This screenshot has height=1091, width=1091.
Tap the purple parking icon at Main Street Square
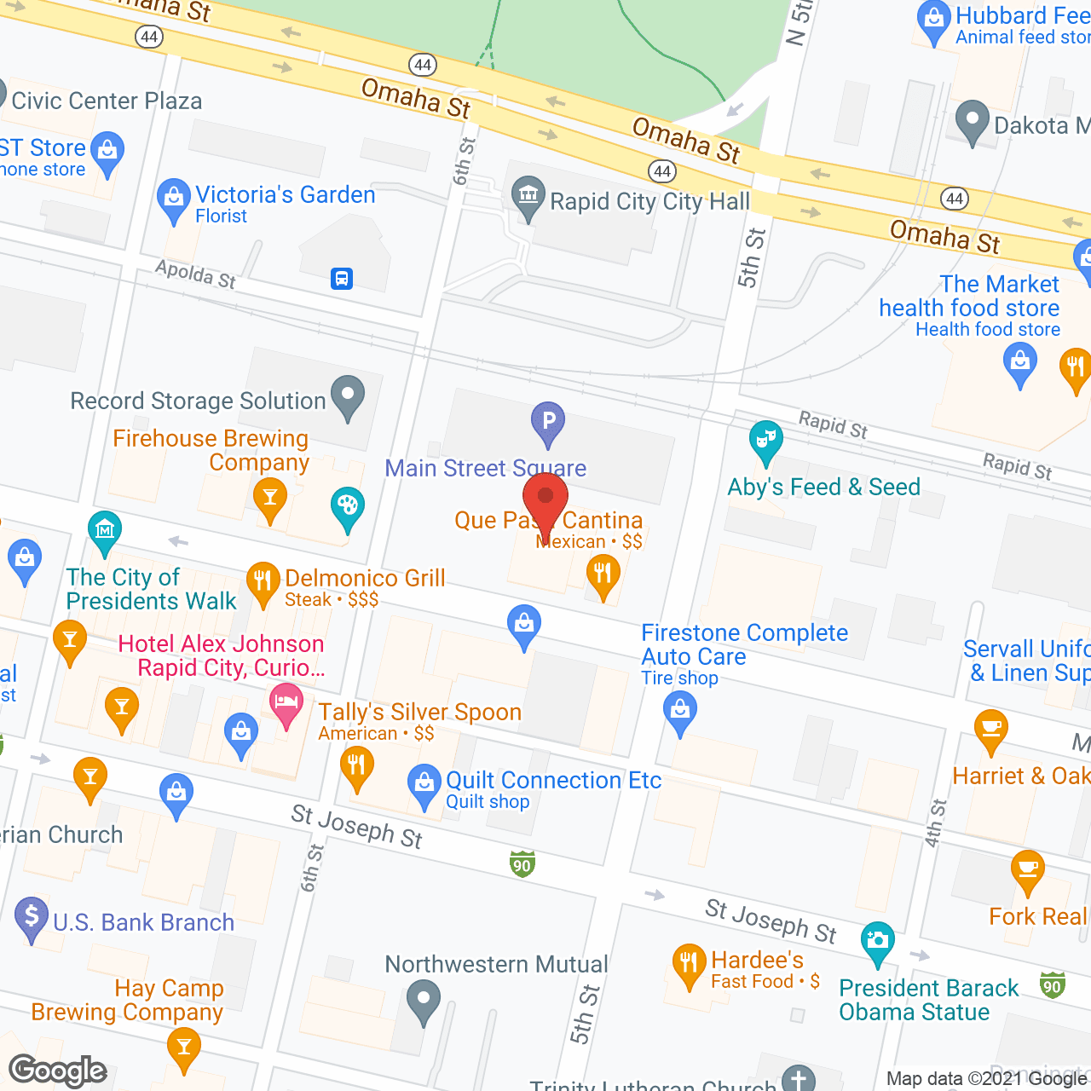tap(548, 421)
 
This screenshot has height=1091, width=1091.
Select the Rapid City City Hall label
tap(649, 202)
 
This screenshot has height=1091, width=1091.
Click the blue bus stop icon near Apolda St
tap(342, 278)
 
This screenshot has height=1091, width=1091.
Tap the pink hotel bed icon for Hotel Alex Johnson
tap(286, 703)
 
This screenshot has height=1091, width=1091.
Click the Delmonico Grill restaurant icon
tap(263, 581)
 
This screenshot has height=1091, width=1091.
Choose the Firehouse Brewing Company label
tap(211, 450)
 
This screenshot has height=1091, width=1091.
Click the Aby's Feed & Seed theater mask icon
tap(766, 441)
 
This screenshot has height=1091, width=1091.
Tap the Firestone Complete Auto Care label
tap(744, 644)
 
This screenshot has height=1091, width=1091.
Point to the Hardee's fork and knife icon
tap(689, 963)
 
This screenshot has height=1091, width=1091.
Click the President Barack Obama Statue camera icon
tap(878, 942)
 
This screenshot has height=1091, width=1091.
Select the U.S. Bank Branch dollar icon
tap(32, 917)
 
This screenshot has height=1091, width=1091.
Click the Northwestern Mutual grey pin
tap(424, 999)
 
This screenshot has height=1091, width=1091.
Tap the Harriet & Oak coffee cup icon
tap(991, 729)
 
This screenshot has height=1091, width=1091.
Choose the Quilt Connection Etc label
tap(553, 780)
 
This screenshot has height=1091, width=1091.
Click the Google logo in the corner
tap(58, 1071)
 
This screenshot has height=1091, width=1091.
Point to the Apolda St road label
tap(195, 274)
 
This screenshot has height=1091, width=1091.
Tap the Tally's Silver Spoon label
tap(419, 713)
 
